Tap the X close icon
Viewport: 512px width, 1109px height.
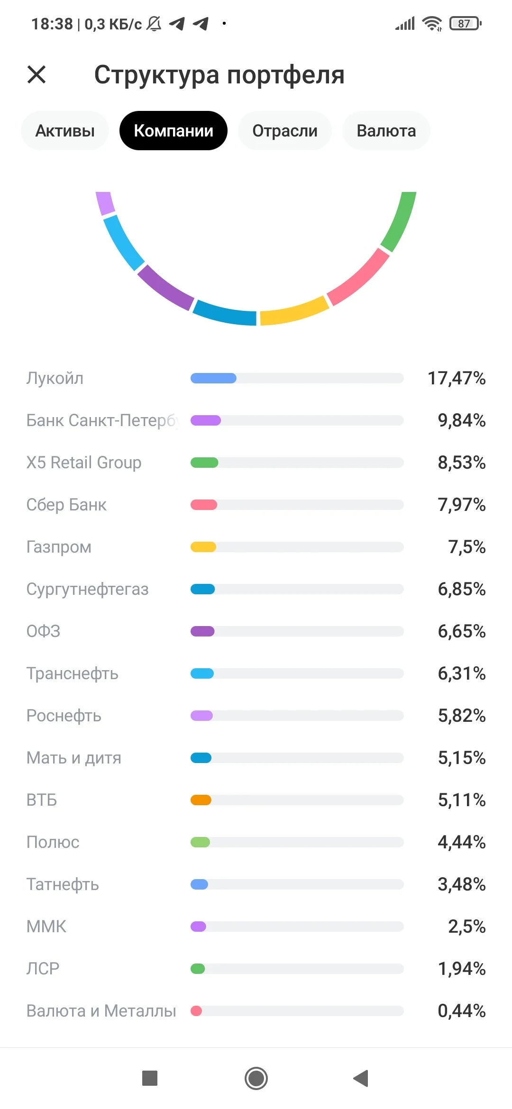(37, 74)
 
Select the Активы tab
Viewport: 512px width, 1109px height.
(65, 131)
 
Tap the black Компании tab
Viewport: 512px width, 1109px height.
(174, 131)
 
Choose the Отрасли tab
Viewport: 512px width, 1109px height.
(285, 131)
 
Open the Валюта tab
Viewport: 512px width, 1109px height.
(386, 131)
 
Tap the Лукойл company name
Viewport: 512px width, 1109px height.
(55, 378)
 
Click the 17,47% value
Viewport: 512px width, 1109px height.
(457, 378)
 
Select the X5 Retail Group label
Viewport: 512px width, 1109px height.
(84, 463)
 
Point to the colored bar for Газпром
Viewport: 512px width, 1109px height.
(203, 547)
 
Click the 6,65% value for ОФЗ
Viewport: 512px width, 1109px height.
(462, 631)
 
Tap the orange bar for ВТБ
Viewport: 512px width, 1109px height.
(201, 800)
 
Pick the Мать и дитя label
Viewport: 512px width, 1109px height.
(74, 758)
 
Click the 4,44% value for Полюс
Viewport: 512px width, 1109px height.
(462, 842)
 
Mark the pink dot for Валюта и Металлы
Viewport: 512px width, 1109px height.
(196, 1011)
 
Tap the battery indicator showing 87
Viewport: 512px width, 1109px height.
(466, 23)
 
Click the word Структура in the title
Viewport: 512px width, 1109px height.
(157, 75)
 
